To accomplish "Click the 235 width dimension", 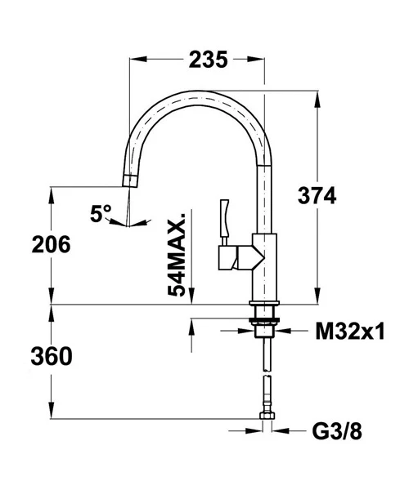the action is point(208,60).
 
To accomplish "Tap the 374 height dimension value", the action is point(317,196).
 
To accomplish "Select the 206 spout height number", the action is point(51,244).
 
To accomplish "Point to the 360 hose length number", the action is point(52,356).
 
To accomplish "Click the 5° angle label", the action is point(100,213).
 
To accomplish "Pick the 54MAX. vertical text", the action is point(177,255).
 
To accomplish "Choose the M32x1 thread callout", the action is point(349,332).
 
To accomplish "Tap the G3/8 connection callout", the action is point(337,431).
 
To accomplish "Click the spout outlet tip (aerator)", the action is point(129,181).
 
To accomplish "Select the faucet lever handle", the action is point(225,218).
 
